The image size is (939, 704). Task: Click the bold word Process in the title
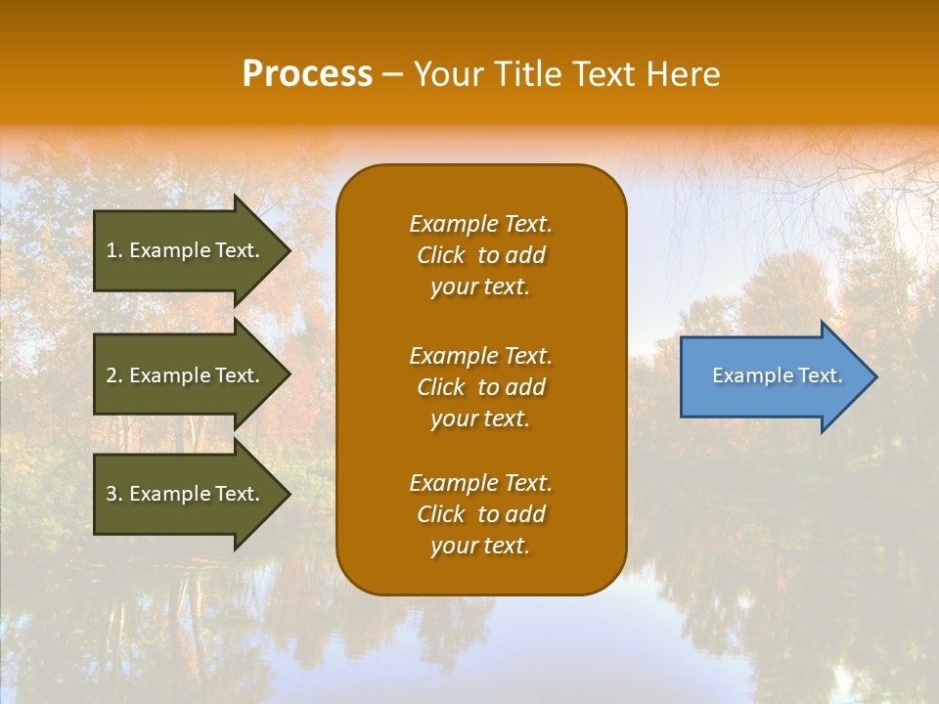coord(307,74)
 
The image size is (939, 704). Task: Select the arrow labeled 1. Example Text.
coord(186,250)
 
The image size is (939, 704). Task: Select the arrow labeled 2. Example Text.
coord(186,375)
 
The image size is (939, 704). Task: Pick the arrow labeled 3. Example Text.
coord(186,494)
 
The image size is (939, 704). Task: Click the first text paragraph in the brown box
coord(480,255)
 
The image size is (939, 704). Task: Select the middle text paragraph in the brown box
coord(480,387)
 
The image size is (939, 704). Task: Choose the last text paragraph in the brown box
coord(480,514)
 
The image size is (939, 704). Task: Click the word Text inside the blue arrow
coord(820,375)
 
